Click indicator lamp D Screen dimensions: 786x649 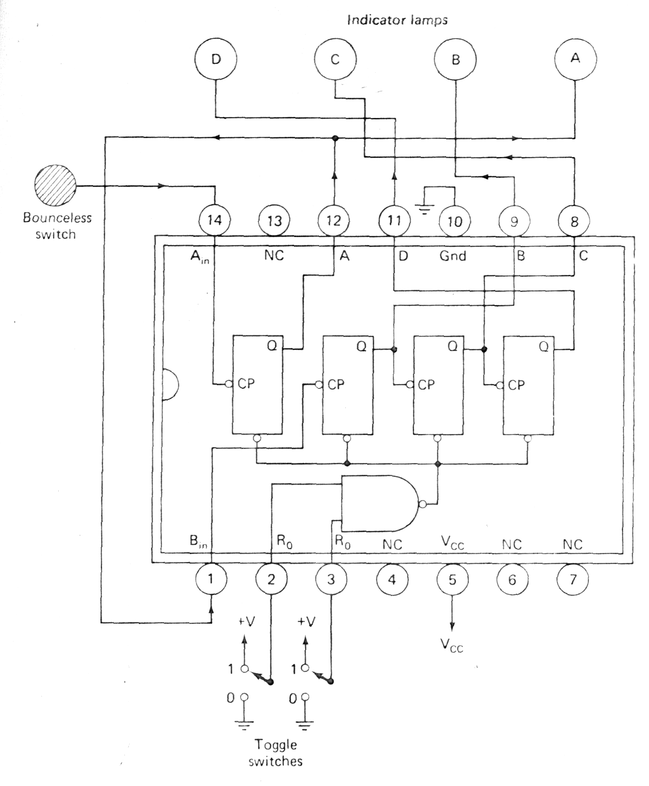pos(216,59)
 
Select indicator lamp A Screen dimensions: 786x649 pos(575,59)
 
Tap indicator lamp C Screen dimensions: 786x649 pos(335,59)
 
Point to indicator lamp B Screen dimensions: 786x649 pos(455,60)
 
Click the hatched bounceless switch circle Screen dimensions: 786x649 pos(55,185)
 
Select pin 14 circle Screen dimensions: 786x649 pos(214,220)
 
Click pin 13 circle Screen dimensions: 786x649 pos(274,221)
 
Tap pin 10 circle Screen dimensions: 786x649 pos(454,221)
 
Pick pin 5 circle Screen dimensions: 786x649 pos(452,580)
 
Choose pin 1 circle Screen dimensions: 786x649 pos(211,579)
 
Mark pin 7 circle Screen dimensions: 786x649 pos(572,580)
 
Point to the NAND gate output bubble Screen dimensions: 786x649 pos(422,504)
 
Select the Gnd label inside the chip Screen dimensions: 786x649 pos(453,256)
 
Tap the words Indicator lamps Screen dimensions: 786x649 pos(397,20)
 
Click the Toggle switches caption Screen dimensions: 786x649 pos(276,752)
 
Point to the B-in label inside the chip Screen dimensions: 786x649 pos(198,541)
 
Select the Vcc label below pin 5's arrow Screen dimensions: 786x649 pos(452,645)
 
